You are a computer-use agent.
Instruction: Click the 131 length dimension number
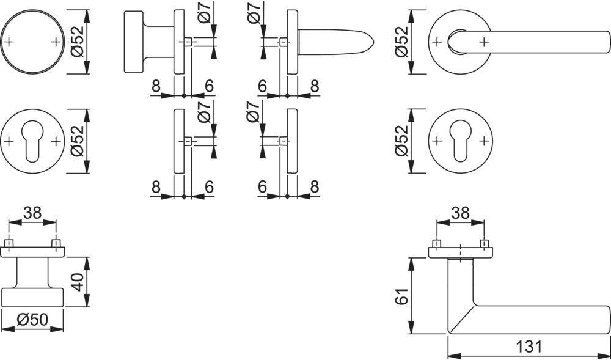click(529, 347)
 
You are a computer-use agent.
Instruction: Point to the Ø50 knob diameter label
click(33, 320)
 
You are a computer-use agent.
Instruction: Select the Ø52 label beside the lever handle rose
click(400, 42)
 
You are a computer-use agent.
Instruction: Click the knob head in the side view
click(134, 42)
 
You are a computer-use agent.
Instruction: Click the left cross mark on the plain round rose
click(9, 42)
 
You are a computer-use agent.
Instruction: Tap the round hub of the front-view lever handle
click(458, 42)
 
